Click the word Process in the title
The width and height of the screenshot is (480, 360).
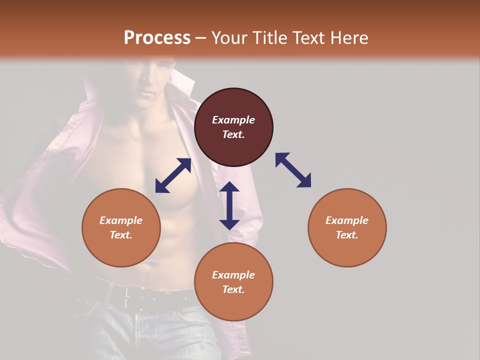tap(157, 38)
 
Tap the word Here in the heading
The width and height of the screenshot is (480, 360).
tap(348, 38)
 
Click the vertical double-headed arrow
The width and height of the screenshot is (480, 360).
tap(229, 205)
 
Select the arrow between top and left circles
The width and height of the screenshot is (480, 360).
tap(173, 175)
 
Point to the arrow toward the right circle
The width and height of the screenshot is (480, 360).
tap(293, 170)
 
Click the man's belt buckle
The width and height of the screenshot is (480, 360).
tap(131, 294)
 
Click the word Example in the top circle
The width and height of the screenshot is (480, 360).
tap(233, 120)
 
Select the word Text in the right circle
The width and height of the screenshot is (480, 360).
tap(347, 235)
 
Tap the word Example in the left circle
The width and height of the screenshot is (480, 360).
tap(121, 220)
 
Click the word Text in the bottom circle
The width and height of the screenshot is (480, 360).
tap(233, 289)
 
